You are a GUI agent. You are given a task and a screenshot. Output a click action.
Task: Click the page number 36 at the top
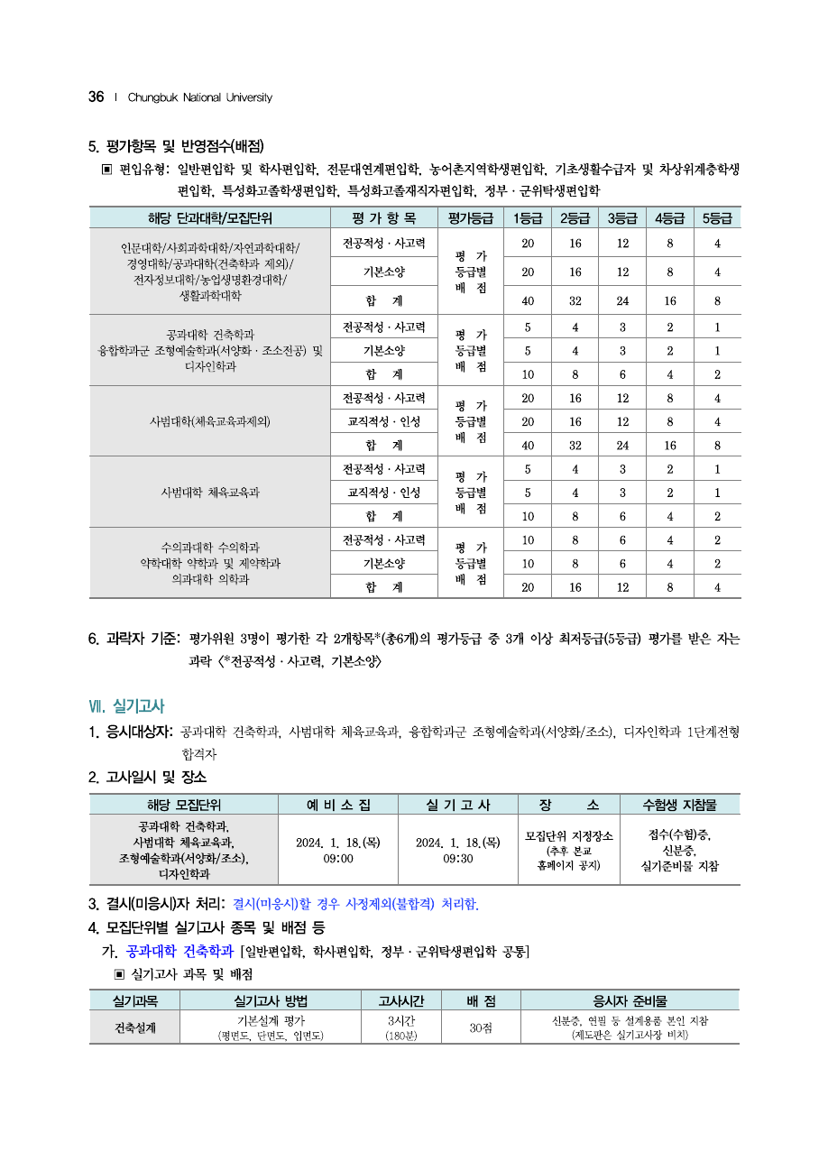click(x=97, y=97)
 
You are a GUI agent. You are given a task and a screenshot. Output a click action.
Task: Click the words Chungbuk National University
click(x=199, y=97)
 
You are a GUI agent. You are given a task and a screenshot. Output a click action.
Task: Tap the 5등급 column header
click(x=717, y=217)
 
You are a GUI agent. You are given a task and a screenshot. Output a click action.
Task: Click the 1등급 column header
click(x=527, y=217)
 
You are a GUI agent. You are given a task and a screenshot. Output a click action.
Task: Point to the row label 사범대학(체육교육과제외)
click(x=209, y=421)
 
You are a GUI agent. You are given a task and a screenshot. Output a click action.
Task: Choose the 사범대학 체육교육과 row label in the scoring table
click(x=209, y=493)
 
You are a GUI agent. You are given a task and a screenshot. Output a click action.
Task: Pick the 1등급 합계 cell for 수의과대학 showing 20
click(x=527, y=587)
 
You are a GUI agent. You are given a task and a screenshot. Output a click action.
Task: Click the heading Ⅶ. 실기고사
click(x=126, y=705)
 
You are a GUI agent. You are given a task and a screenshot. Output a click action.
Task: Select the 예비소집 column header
click(x=337, y=805)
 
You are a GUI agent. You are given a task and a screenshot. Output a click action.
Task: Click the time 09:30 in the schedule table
click(x=457, y=859)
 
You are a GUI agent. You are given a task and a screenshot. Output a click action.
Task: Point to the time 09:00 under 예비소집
click(x=337, y=859)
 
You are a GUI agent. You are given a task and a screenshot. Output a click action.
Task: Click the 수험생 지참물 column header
click(x=679, y=805)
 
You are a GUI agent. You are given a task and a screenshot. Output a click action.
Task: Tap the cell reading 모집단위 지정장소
click(x=568, y=836)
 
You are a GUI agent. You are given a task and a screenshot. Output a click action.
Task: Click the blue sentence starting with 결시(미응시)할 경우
click(x=355, y=904)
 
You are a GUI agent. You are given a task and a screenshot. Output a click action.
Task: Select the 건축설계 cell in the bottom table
click(x=134, y=1027)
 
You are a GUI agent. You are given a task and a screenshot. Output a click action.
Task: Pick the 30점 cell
click(x=481, y=1027)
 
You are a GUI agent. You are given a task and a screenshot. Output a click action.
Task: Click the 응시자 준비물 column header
click(x=630, y=1000)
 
